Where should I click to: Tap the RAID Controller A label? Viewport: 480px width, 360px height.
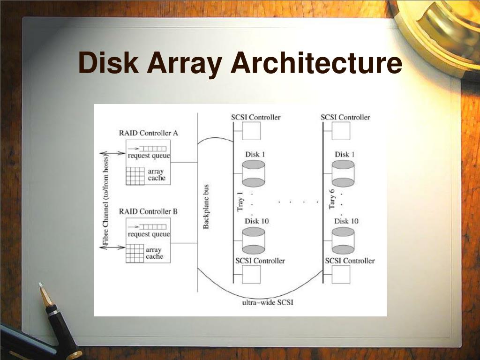[148, 133]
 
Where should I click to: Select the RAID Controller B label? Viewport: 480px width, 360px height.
[148, 211]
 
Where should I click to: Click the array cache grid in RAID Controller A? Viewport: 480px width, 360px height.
[135, 175]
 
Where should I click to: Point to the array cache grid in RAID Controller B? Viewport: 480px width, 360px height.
[135, 254]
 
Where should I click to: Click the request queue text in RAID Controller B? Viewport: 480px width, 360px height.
[149, 234]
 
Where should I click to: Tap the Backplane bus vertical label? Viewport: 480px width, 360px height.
[206, 206]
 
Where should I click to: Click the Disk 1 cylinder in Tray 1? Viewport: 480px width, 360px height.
[254, 173]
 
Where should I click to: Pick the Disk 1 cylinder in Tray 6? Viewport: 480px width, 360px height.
[343, 173]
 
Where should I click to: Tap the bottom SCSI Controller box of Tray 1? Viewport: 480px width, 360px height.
[251, 274]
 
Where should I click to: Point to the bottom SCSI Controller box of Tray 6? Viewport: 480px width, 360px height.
[341, 274]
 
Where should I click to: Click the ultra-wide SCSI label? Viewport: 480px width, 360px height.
[268, 302]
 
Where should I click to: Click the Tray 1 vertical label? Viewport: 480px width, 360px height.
[240, 200]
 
